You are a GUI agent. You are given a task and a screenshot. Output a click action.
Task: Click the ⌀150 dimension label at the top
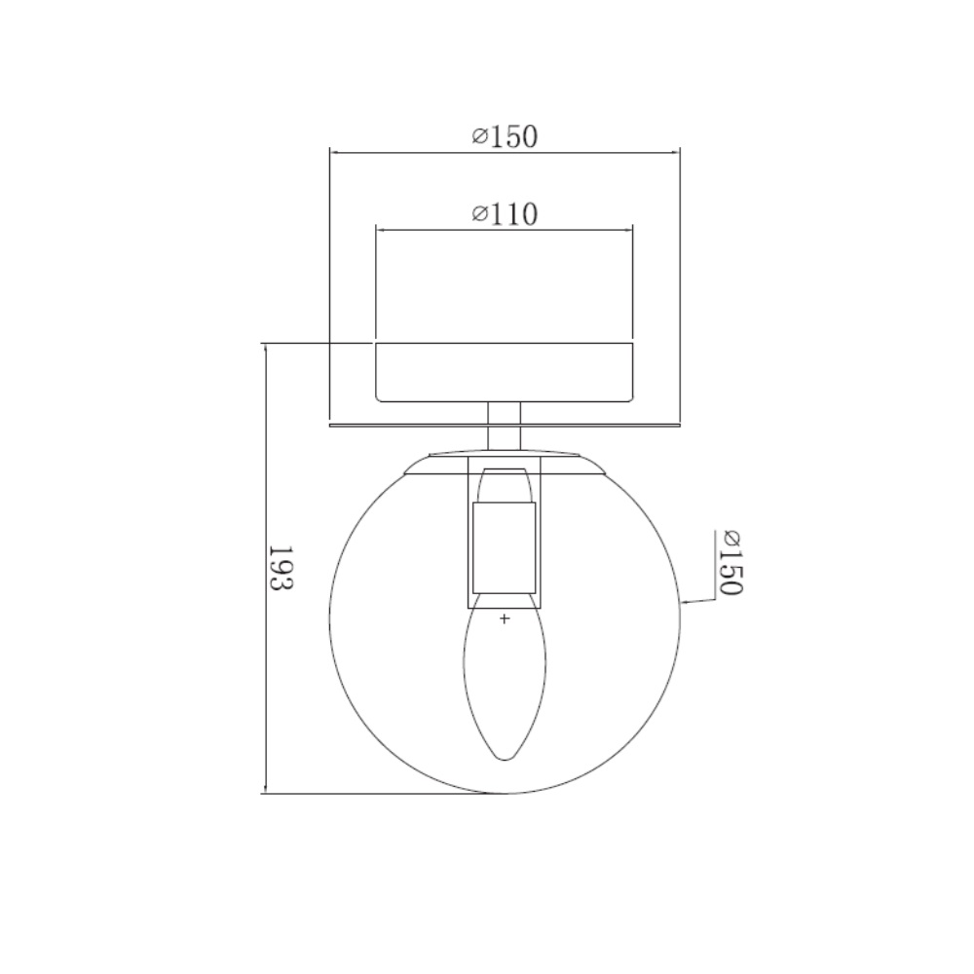[x=504, y=136]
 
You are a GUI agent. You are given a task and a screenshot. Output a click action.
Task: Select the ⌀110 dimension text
[x=504, y=214]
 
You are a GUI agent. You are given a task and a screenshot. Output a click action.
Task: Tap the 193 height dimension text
[x=281, y=567]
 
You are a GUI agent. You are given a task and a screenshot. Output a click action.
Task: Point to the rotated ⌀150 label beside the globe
[x=731, y=563]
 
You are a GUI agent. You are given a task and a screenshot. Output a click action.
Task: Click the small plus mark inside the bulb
[x=505, y=618]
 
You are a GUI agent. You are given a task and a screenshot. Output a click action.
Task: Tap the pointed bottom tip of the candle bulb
[x=505, y=759]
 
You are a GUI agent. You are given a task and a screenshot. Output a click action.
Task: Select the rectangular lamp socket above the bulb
[x=504, y=547]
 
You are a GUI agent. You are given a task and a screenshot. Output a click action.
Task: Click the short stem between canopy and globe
[x=504, y=426]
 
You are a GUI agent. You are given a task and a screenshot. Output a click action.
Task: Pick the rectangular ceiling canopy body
[x=504, y=372]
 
